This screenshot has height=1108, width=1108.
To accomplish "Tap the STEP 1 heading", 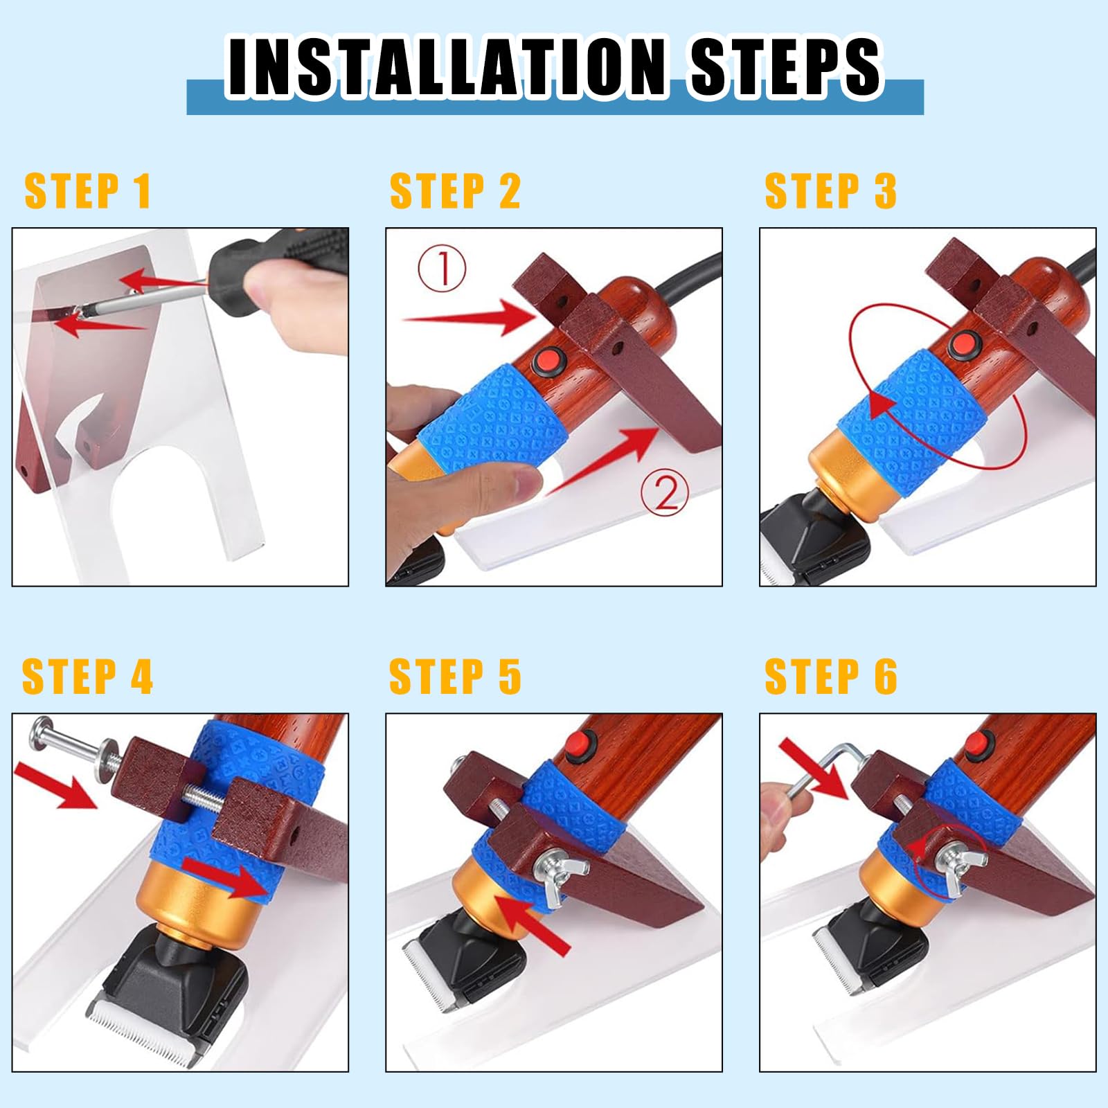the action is (88, 191).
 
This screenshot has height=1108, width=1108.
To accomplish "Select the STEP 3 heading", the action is (830, 191).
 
